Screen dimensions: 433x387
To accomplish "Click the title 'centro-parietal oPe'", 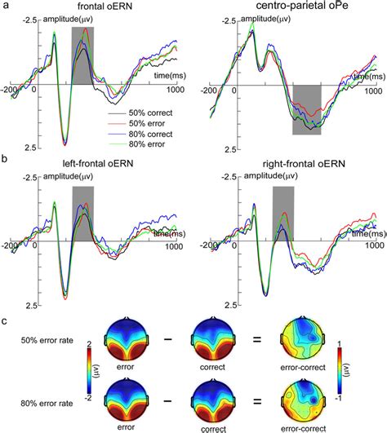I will [x=287, y=7].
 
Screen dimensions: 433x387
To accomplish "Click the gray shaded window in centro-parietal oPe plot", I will [x=306, y=109].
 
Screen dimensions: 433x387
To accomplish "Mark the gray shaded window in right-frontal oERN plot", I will [x=282, y=214].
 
